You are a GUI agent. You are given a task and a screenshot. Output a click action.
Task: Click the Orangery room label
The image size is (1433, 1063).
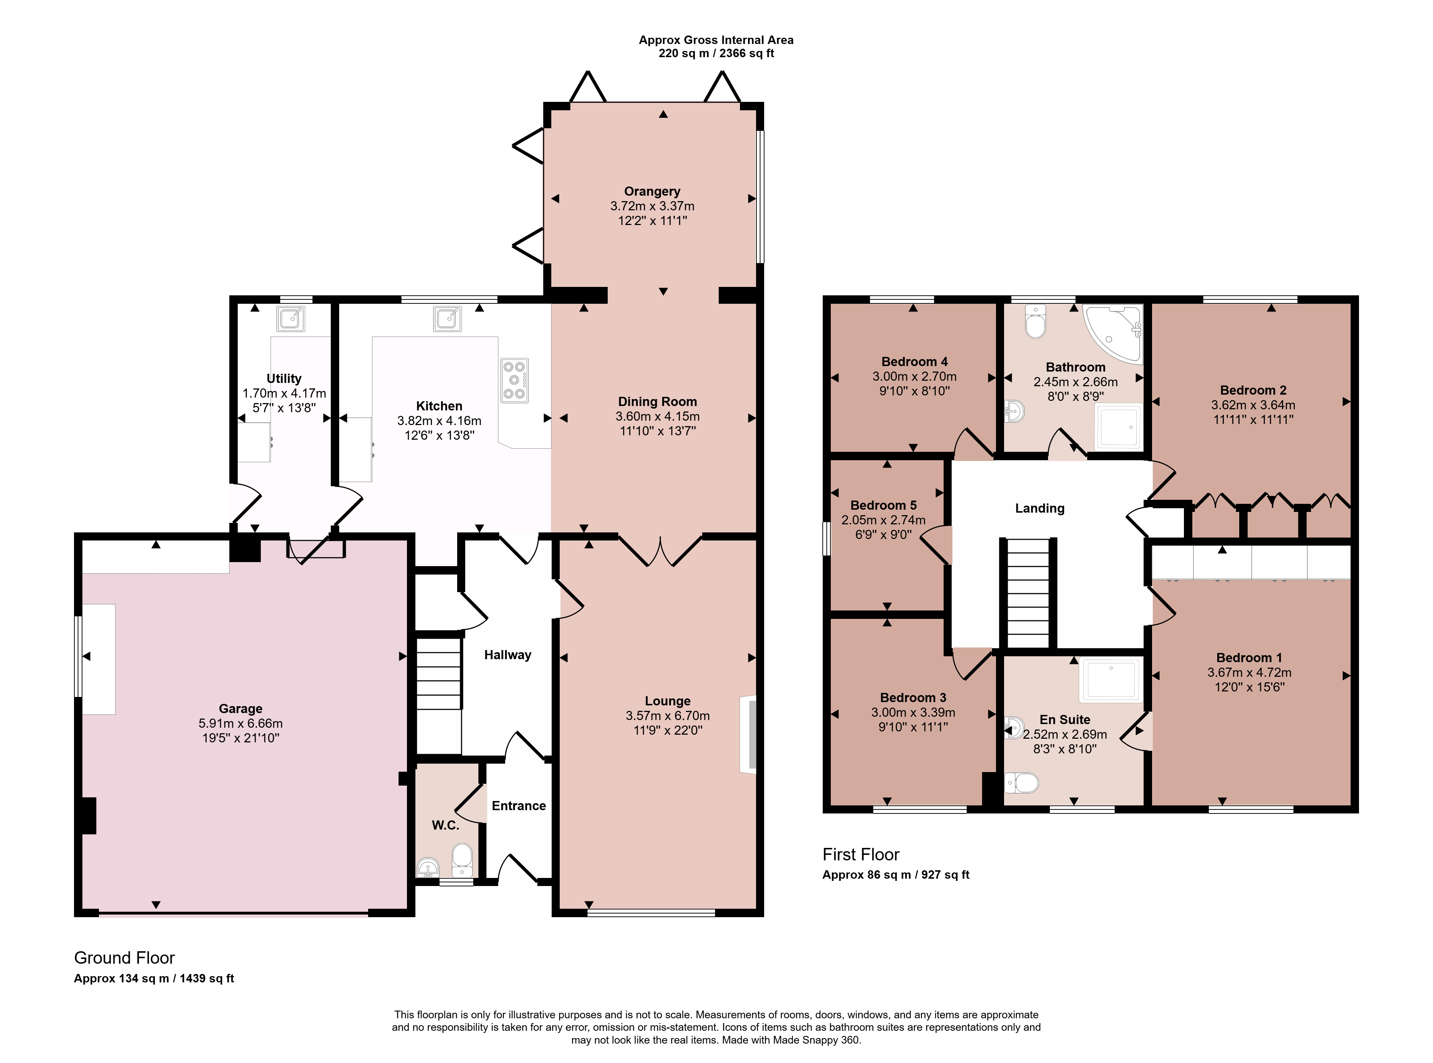[x=652, y=191]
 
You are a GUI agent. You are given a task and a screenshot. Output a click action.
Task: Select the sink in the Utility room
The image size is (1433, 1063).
[x=291, y=318]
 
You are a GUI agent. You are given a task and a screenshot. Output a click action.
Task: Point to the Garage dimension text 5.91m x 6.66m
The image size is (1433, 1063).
[x=241, y=723]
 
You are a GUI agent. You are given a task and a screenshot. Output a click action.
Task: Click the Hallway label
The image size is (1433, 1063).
[x=507, y=655]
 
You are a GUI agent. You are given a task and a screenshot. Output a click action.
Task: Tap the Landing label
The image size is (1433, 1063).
[x=1039, y=508]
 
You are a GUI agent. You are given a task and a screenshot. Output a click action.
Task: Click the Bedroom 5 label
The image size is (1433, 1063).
[x=883, y=506]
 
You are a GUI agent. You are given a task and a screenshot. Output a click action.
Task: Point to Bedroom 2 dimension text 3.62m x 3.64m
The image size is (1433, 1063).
[x=1253, y=405]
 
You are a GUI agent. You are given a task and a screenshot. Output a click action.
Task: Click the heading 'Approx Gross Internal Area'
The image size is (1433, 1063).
[x=716, y=40]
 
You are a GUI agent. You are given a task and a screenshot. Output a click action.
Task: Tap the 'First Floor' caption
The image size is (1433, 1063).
[x=860, y=855]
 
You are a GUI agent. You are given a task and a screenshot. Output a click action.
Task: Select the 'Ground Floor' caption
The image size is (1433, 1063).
[x=124, y=958]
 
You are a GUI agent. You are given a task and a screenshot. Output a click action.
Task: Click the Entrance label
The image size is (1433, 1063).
[x=518, y=806]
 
